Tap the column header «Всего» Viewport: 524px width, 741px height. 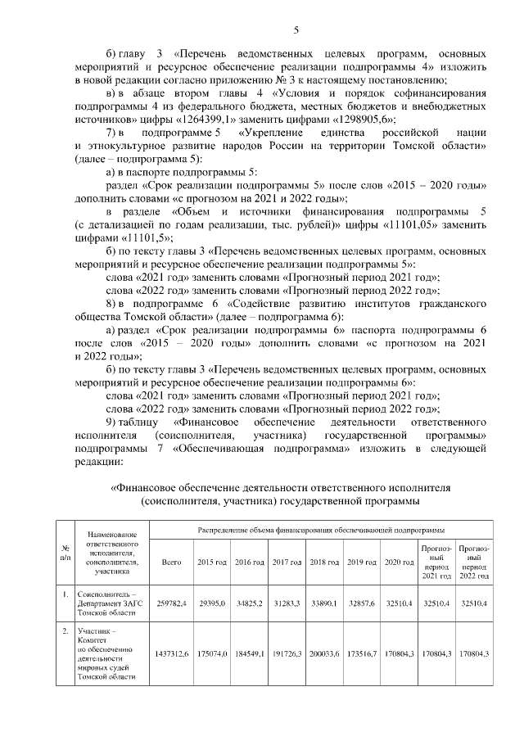point(171,562)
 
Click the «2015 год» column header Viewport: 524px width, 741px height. point(210,562)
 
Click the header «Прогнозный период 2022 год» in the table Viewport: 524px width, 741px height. point(475,562)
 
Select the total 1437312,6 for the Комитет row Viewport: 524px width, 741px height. point(171,654)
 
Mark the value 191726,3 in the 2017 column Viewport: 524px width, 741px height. point(286,654)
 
